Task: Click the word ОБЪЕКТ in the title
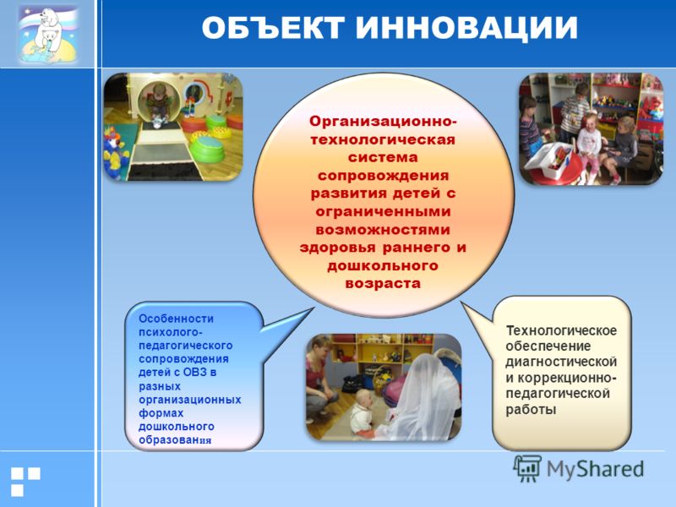(273, 29)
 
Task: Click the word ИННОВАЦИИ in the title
(467, 30)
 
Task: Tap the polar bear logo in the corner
(48, 35)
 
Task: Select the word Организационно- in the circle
(384, 121)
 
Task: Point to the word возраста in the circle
(383, 284)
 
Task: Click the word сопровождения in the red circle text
(383, 176)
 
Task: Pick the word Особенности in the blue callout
(176, 319)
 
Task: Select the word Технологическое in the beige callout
(561, 330)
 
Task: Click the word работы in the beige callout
(531, 409)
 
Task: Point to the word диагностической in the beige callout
(561, 362)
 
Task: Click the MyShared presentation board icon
(527, 468)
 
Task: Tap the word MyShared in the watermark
(596, 469)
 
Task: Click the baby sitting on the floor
(362, 413)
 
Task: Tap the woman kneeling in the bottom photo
(319, 379)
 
